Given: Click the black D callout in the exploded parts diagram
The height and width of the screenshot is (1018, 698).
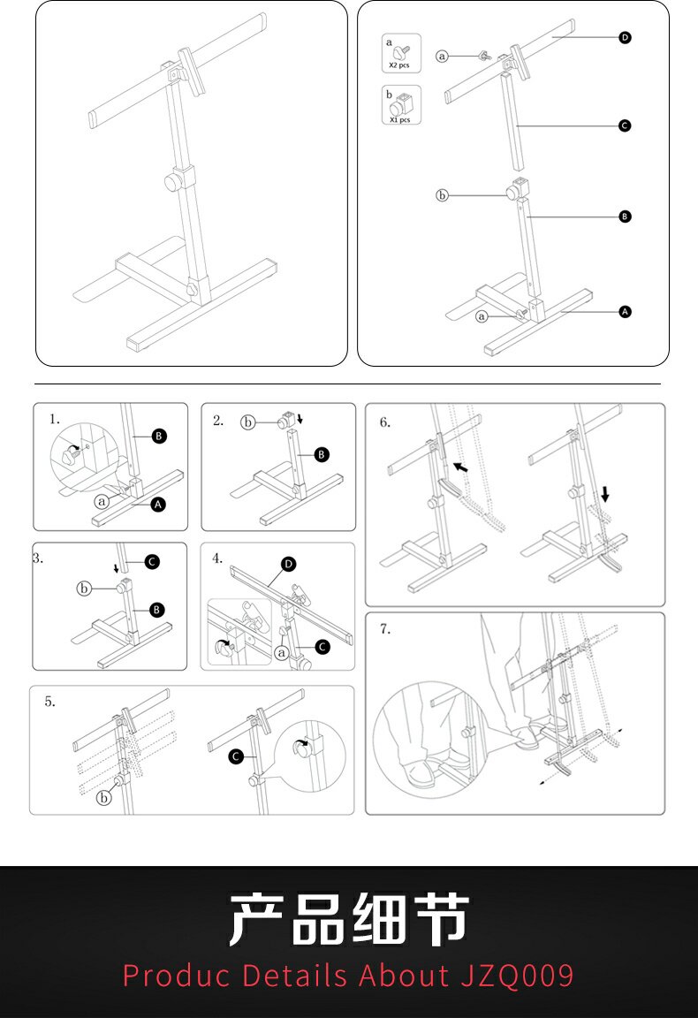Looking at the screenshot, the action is (625, 38).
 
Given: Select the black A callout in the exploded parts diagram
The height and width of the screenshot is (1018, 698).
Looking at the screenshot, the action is (625, 311).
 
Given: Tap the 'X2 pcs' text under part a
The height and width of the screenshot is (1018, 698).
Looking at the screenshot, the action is (399, 65).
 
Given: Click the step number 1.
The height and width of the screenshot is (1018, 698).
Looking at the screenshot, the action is (55, 419).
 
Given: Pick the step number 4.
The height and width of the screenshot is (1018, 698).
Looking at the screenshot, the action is (217, 558).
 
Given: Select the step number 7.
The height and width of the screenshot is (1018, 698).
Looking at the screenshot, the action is (385, 629).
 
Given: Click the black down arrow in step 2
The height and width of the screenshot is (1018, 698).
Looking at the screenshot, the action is (300, 418).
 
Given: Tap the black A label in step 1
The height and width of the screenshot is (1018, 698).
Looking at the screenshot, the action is (158, 505).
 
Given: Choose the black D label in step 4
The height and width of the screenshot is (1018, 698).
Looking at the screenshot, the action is (288, 564).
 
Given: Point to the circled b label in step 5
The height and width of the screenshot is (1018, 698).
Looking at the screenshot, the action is (104, 798).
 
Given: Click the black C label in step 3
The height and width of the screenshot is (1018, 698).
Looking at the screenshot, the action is (152, 561).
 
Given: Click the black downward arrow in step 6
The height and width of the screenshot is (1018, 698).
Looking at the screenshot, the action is (604, 492).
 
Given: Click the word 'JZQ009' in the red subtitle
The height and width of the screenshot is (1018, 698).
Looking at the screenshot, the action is (518, 976).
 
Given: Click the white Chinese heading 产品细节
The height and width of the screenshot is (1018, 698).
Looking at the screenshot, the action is (349, 920).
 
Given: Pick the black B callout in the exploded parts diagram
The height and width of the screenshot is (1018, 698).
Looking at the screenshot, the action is (625, 216).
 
